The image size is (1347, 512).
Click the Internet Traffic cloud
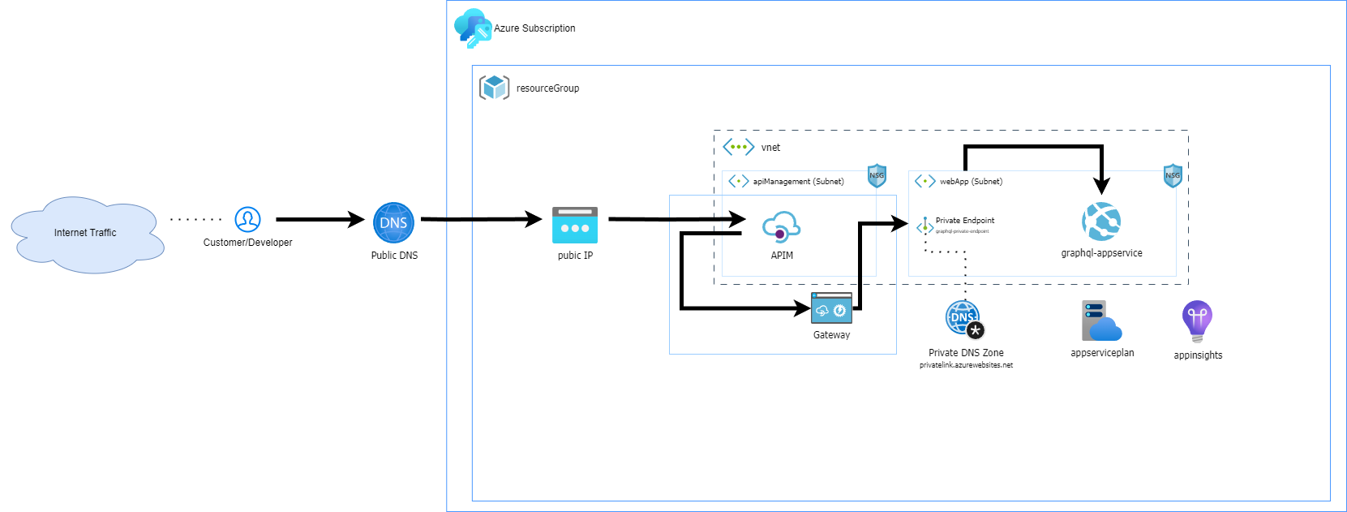86,234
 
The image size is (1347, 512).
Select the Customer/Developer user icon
247,219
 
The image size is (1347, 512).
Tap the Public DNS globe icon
393,223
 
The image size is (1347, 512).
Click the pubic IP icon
575,226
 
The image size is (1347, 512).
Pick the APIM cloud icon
781,226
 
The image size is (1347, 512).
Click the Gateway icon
831,308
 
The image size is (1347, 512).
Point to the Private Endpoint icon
924,225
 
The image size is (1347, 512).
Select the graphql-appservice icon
1101,222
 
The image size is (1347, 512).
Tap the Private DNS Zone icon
964,319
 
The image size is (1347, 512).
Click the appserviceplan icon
1101,321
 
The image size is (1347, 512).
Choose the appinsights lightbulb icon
1197,321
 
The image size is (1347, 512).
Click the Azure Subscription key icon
473,28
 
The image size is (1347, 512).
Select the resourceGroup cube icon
494,87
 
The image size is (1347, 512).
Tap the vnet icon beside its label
738,147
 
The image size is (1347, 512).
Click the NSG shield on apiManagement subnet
877,175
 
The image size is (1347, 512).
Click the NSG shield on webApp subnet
1173,175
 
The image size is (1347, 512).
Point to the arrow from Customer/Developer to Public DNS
320,219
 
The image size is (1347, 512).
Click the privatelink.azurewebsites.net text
966,365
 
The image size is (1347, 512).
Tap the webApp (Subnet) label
971,182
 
